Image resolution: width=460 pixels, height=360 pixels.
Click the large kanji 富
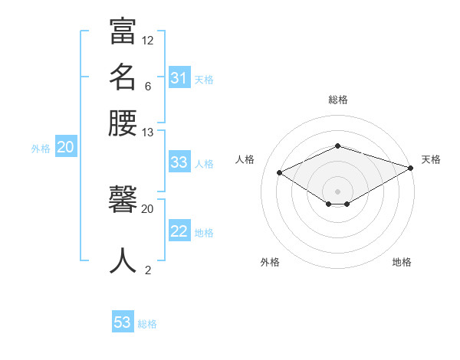coord(123,31)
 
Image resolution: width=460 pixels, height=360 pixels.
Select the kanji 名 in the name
coord(123,77)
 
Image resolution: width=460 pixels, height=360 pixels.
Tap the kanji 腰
coord(123,123)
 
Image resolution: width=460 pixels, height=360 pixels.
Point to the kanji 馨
coord(123,203)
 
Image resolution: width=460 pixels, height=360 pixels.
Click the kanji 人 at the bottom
coord(123,260)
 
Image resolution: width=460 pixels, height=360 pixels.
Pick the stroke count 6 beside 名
coord(147,87)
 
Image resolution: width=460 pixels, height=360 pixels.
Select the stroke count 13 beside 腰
coord(148,133)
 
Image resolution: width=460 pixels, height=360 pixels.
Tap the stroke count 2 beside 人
coord(147,269)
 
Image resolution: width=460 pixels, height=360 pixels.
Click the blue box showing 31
coord(179,77)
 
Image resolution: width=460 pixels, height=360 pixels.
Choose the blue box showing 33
coord(179,162)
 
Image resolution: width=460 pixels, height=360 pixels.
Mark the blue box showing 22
coord(179,231)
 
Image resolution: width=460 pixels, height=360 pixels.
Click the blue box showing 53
coord(123,322)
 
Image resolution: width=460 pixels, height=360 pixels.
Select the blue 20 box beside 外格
coord(65,148)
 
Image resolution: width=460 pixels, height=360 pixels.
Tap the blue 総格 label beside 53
coord(147,324)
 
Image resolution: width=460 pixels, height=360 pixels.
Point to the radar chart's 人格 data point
coord(280,173)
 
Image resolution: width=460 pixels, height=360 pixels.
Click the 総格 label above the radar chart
coord(337,100)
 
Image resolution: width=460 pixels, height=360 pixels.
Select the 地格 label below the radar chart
coord(402,262)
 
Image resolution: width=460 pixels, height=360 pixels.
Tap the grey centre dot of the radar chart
coord(337,191)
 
